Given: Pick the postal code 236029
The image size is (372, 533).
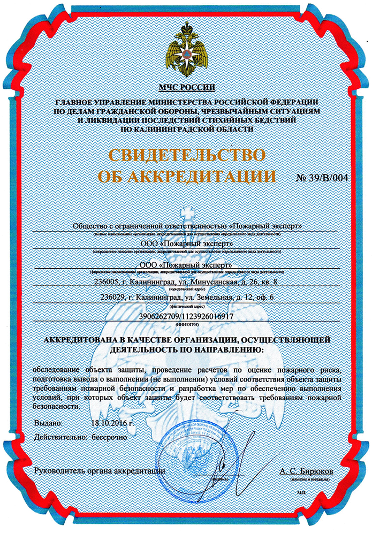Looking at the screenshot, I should pyautogui.click(x=112, y=298).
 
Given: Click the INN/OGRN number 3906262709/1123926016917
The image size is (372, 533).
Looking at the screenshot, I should pyautogui.click(x=186, y=316).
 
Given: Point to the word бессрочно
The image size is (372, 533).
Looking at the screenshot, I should pyautogui.click(x=110, y=437).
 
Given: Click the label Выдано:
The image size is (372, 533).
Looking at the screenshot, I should pyautogui.click(x=48, y=423).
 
